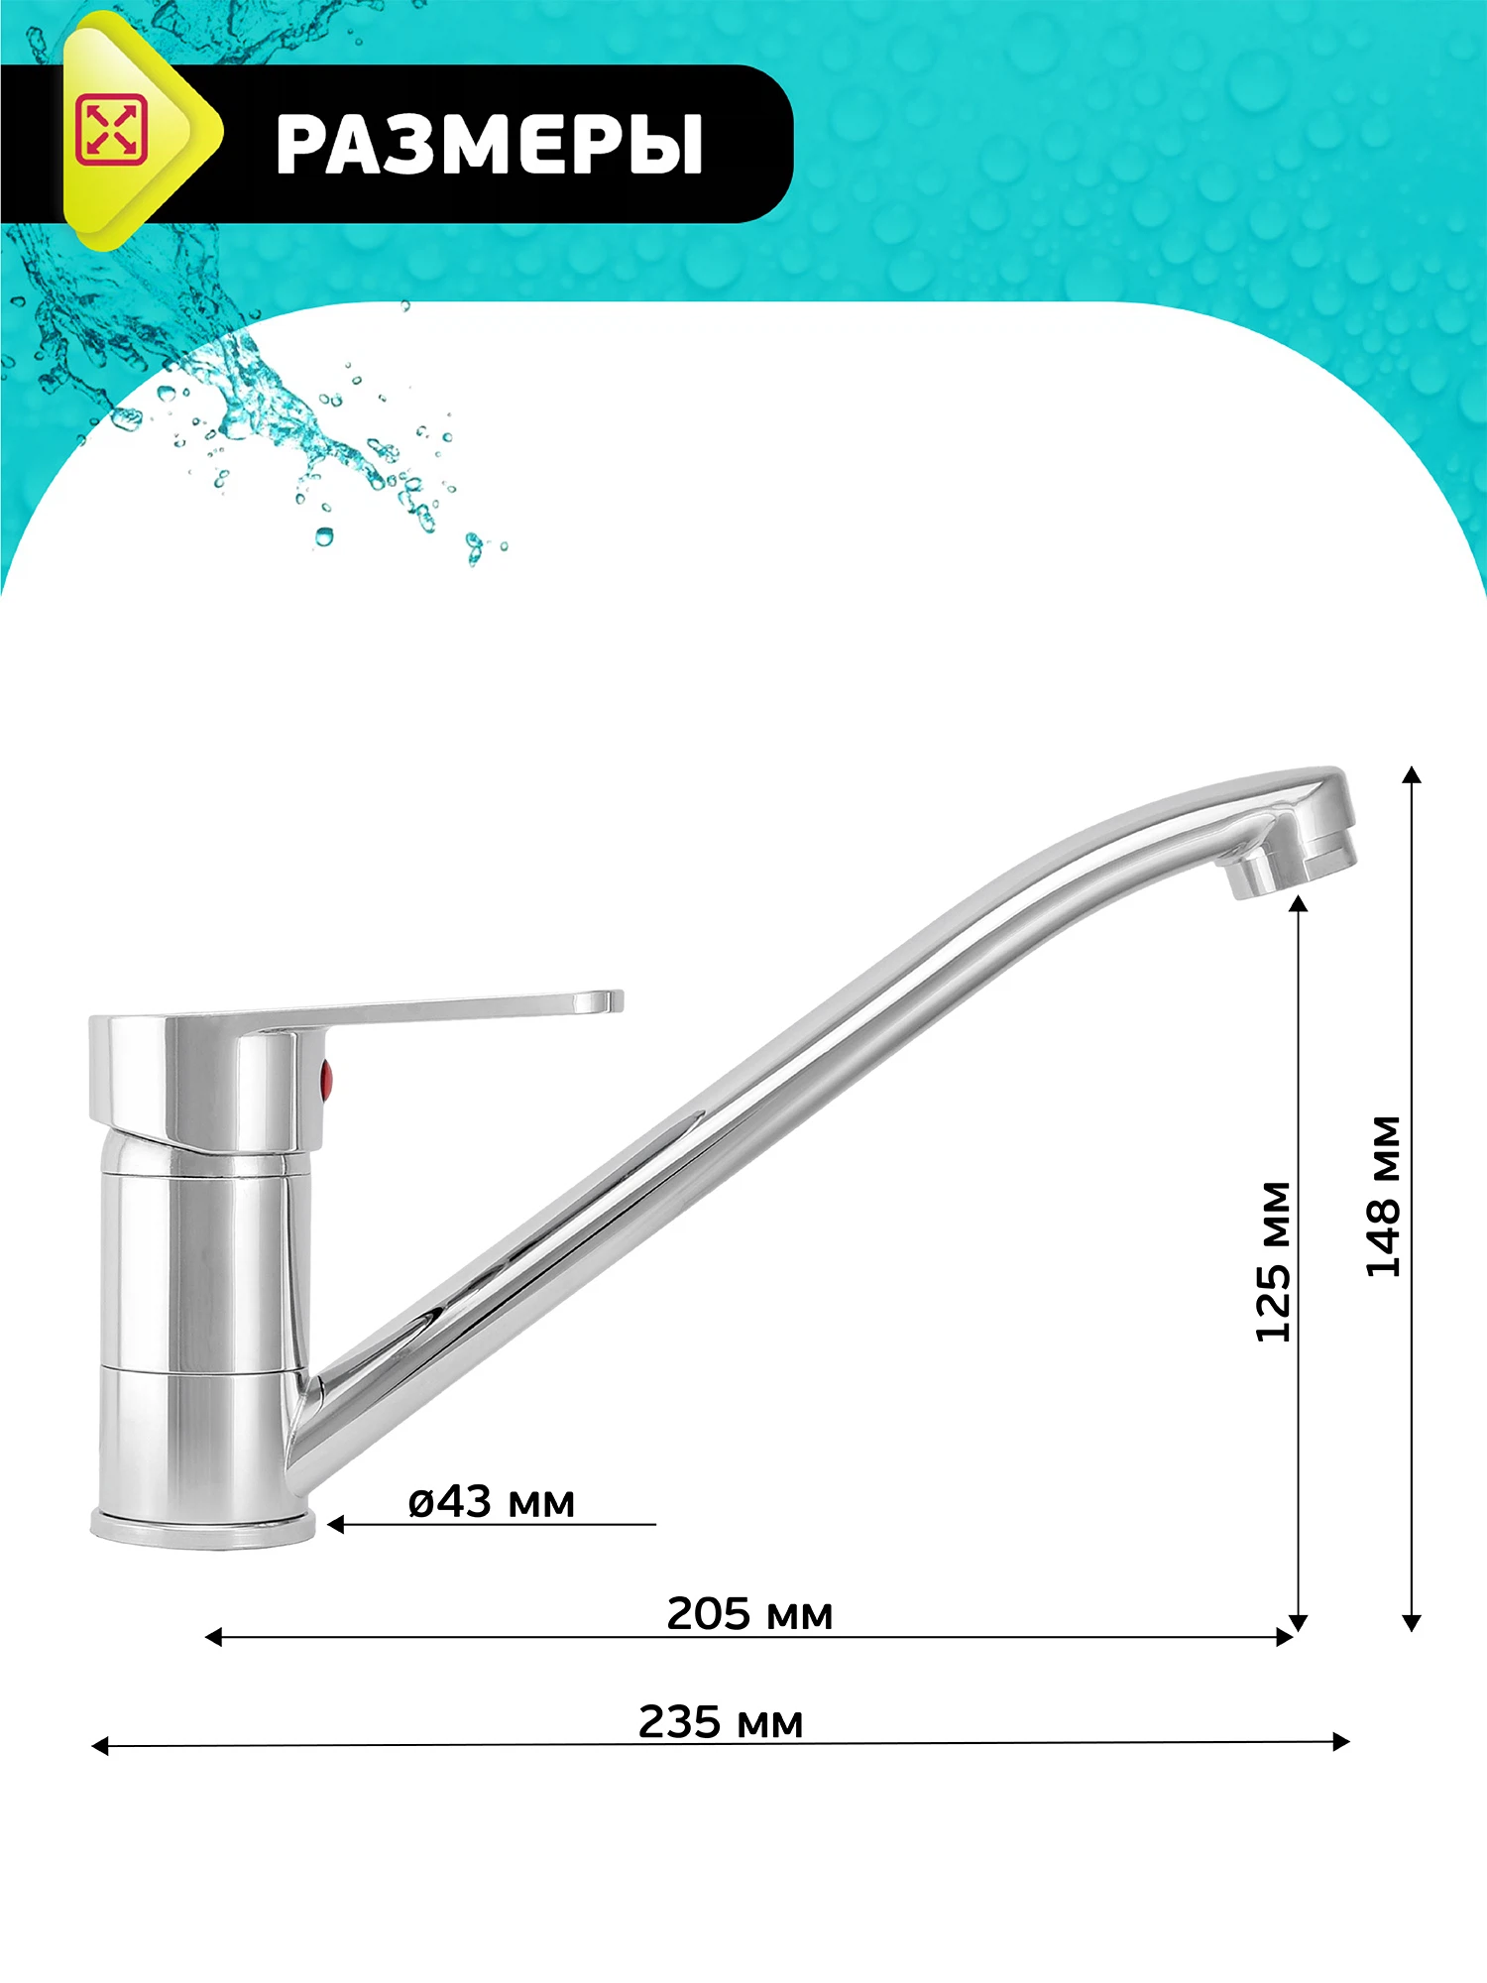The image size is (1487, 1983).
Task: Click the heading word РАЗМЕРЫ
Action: click(x=489, y=145)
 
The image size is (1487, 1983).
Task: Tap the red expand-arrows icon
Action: click(x=111, y=130)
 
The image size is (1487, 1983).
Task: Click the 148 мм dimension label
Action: click(x=1383, y=1197)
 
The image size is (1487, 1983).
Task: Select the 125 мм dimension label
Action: click(x=1273, y=1262)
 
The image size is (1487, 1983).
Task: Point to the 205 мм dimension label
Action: click(x=749, y=1614)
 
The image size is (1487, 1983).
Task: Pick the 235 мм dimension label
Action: click(x=721, y=1722)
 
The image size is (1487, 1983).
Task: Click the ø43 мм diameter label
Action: click(x=492, y=1502)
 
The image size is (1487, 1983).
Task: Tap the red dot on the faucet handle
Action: click(x=326, y=1081)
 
